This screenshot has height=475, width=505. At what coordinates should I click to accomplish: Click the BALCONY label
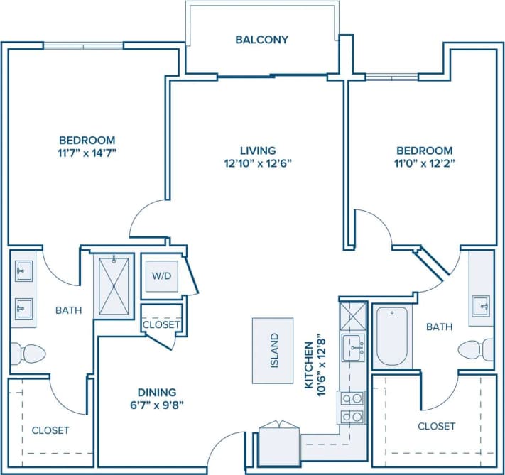[x=261, y=40]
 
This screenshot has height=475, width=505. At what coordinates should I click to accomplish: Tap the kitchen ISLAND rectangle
[x=273, y=351]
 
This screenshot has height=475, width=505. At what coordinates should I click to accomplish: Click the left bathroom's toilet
[x=25, y=354]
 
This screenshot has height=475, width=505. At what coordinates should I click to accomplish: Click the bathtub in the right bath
[x=391, y=336]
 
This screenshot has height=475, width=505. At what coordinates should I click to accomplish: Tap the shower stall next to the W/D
[x=114, y=285]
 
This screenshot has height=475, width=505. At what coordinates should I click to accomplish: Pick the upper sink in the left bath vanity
[x=23, y=271]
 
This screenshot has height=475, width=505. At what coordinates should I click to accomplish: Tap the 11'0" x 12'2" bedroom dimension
[x=424, y=163]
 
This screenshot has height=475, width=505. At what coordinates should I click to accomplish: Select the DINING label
[x=158, y=392]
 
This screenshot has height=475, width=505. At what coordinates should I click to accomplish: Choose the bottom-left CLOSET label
[x=50, y=430]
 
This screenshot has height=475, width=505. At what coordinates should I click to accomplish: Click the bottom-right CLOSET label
[x=436, y=426]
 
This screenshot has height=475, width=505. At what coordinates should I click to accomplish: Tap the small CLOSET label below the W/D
[x=161, y=324]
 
